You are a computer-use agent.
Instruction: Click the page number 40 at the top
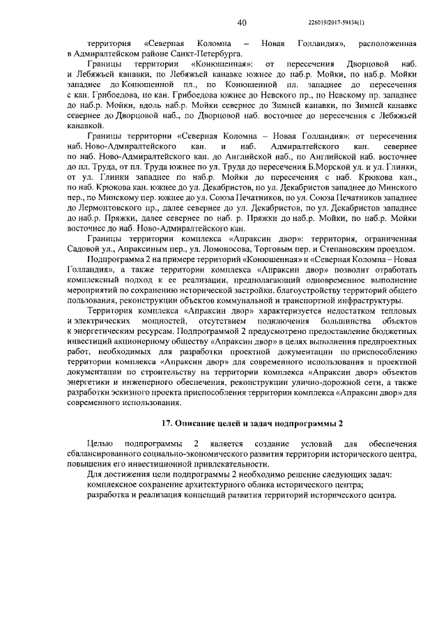tap(242, 23)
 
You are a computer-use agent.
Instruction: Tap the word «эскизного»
tap(122, 395)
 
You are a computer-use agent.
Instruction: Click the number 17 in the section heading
tap(166, 424)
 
